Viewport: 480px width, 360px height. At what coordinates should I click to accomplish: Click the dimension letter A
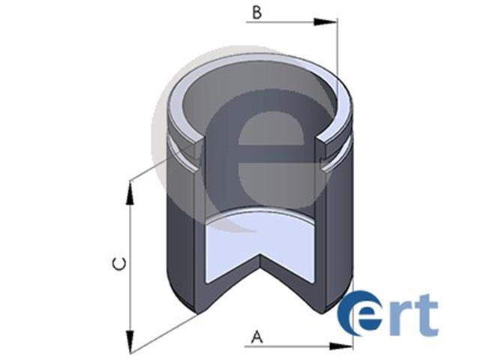[257, 337]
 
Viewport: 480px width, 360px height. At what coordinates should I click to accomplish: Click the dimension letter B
[256, 13]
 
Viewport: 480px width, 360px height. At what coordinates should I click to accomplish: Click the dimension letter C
[119, 265]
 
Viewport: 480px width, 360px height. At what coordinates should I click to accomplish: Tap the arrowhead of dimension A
[340, 346]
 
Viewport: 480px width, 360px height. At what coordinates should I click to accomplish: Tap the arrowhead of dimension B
[325, 22]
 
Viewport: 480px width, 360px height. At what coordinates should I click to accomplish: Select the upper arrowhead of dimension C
[130, 193]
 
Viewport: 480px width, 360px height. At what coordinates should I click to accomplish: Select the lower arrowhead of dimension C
[130, 342]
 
